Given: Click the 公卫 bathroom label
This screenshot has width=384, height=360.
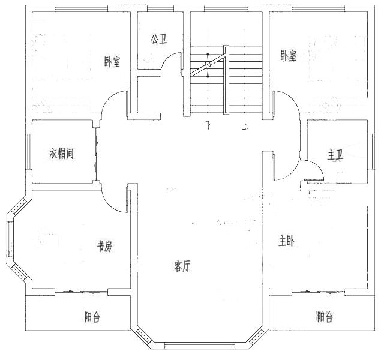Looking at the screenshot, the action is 159,39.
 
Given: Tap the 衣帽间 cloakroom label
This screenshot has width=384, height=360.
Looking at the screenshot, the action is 61,154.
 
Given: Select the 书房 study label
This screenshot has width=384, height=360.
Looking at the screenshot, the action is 105,246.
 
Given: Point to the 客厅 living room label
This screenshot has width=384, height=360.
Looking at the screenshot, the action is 182,266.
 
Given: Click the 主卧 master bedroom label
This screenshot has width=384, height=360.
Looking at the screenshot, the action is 286,241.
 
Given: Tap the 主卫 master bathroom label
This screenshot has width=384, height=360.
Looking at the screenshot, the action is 335,155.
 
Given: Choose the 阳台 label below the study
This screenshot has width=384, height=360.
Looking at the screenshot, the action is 92,317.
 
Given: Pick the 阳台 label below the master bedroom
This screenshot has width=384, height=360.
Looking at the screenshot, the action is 325,317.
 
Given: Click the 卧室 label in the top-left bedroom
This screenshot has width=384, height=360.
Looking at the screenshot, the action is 112,61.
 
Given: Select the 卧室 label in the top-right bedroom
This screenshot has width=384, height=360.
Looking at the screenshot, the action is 288,56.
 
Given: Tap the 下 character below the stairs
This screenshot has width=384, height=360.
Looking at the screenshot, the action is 208,125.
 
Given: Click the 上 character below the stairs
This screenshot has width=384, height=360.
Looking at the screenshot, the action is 244,125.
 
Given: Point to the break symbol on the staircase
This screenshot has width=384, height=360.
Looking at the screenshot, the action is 208,65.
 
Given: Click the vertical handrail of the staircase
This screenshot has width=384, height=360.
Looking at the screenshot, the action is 226,80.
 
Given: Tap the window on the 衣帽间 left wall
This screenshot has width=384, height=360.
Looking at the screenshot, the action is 29,152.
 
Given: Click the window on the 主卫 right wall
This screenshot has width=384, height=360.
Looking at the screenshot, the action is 371,152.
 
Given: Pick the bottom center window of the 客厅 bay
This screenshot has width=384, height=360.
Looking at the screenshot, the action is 200,345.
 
